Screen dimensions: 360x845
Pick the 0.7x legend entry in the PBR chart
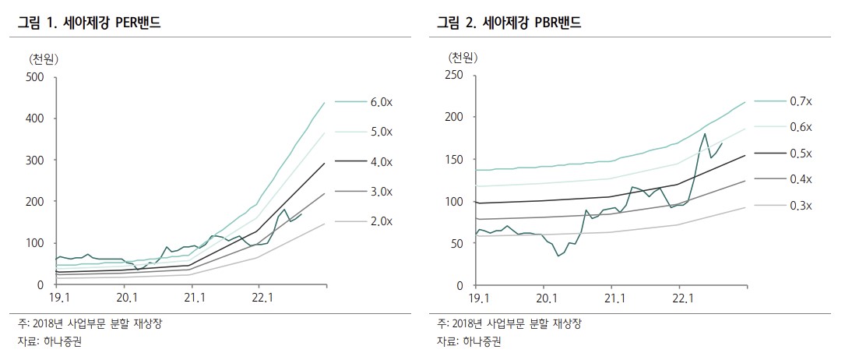[x=800, y=101]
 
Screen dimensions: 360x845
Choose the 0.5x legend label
[x=800, y=154]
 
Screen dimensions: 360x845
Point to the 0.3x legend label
[x=800, y=206]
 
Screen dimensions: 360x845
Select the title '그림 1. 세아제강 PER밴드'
[x=90, y=23]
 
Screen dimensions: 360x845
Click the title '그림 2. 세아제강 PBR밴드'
[x=509, y=23]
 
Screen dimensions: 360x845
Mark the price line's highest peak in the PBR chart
[x=705, y=133]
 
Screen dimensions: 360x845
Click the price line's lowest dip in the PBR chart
[x=558, y=256]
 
